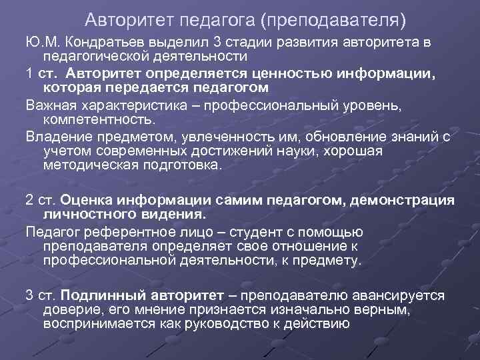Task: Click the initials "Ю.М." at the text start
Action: pos(41,43)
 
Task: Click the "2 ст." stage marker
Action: pos(41,201)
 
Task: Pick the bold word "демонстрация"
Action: pos(413,201)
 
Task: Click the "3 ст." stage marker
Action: pos(41,296)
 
